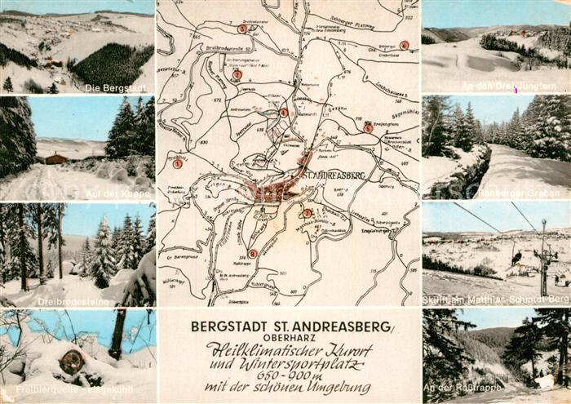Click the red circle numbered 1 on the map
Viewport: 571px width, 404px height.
click(x=177, y=164)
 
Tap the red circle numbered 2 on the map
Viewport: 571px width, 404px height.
click(x=237, y=74)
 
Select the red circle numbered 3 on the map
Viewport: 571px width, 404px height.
click(x=242, y=29)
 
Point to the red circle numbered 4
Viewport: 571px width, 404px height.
click(x=283, y=113)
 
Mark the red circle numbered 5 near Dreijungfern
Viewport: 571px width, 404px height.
click(x=368, y=128)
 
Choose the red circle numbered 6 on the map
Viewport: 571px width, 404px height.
click(x=404, y=46)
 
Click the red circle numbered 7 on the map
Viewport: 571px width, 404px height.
click(x=307, y=214)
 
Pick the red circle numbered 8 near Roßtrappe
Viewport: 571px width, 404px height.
click(x=252, y=254)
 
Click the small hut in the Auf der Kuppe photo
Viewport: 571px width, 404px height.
click(x=56, y=158)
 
